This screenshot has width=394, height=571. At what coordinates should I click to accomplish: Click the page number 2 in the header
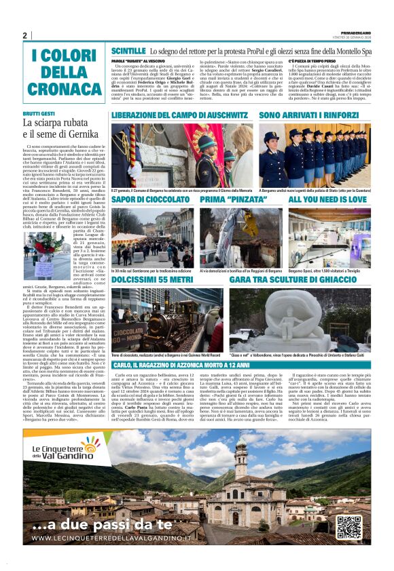(x=25, y=35)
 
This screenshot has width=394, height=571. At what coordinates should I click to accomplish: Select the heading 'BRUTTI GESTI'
(x=39, y=114)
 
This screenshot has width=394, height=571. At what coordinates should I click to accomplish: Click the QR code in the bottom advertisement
(x=348, y=527)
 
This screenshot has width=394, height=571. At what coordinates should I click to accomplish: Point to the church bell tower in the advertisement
(x=240, y=461)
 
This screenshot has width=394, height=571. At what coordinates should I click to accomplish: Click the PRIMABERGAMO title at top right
(x=355, y=32)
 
